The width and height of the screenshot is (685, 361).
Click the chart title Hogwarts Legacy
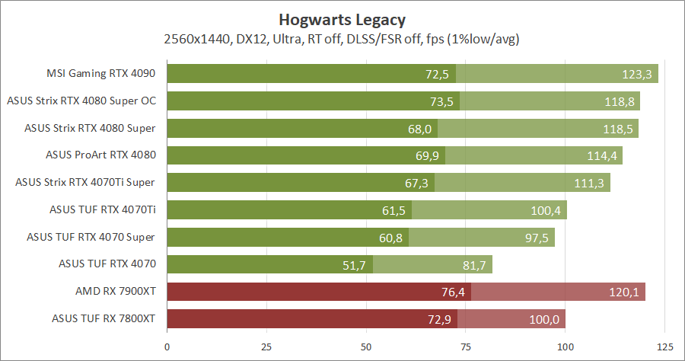pyautogui.click(x=342, y=18)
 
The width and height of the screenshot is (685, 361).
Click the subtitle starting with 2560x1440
pyautogui.click(x=342, y=38)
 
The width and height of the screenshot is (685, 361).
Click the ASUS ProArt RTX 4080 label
pyautogui.click(x=100, y=155)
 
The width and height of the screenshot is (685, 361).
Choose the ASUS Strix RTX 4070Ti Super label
pyautogui.click(x=85, y=183)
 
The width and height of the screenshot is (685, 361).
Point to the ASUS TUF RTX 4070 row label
pyautogui.click(x=107, y=264)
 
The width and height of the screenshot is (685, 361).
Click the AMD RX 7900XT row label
pyautogui.click(x=115, y=292)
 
